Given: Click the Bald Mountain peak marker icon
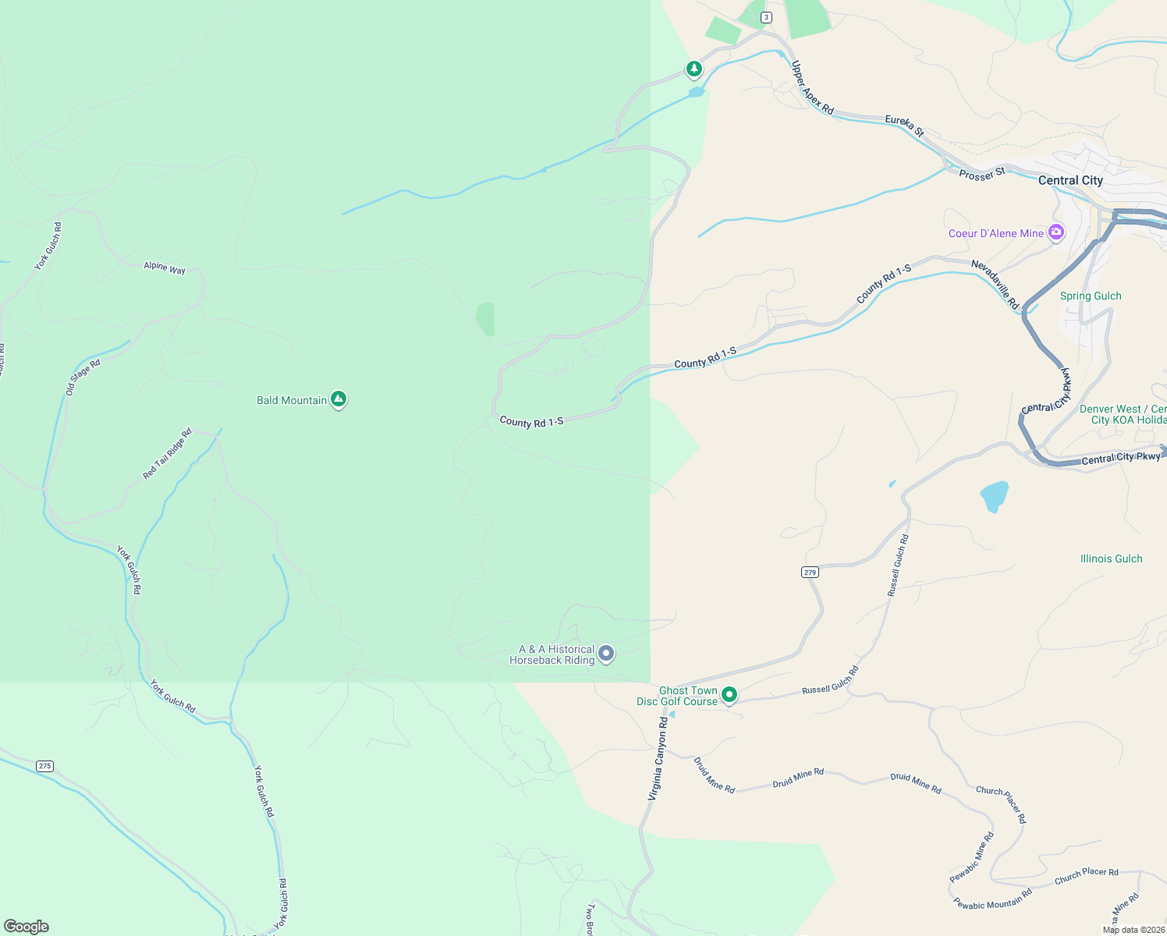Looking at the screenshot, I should [x=338, y=399].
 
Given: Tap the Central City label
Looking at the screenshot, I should [x=1070, y=180].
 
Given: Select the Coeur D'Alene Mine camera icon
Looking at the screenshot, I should [x=1056, y=232].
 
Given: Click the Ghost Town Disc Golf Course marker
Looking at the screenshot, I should [x=729, y=694].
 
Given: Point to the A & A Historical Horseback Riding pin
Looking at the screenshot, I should [x=606, y=654].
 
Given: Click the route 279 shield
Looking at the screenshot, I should [x=810, y=573].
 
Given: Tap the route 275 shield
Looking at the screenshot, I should [x=44, y=766].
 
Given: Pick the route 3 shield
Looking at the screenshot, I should [x=767, y=17].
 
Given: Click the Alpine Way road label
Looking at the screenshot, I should [x=165, y=268].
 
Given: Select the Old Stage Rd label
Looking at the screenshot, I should [x=83, y=377].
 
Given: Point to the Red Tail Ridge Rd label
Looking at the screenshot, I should [x=167, y=453].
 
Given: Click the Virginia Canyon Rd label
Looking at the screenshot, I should [x=658, y=759].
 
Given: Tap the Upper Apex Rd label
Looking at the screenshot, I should [x=812, y=87].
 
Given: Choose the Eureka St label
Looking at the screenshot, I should [x=904, y=125].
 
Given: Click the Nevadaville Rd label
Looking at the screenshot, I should [x=995, y=285].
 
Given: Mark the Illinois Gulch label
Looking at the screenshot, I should [x=1111, y=558].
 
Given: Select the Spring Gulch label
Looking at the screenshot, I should [x=1091, y=296].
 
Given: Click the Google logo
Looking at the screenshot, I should [x=27, y=927].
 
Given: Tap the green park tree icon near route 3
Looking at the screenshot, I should [x=694, y=69].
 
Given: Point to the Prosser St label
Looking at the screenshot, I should [x=982, y=174].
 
